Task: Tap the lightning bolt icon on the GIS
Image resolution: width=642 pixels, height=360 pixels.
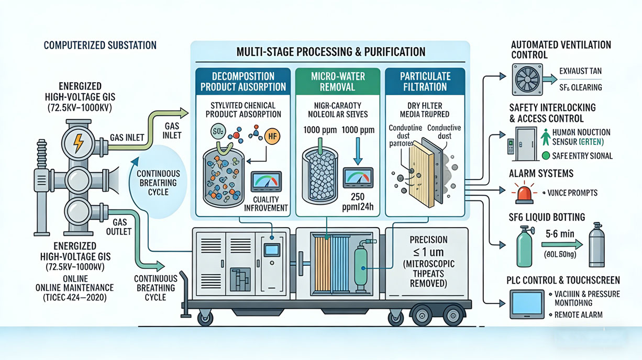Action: pos(78,141)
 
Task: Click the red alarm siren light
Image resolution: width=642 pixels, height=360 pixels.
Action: pos(523,194)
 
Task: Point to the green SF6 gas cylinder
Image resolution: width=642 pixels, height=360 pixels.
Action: pos(524,246)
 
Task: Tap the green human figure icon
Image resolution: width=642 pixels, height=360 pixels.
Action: pos(546,138)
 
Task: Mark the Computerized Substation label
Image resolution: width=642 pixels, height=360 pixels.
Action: pos(100,46)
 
